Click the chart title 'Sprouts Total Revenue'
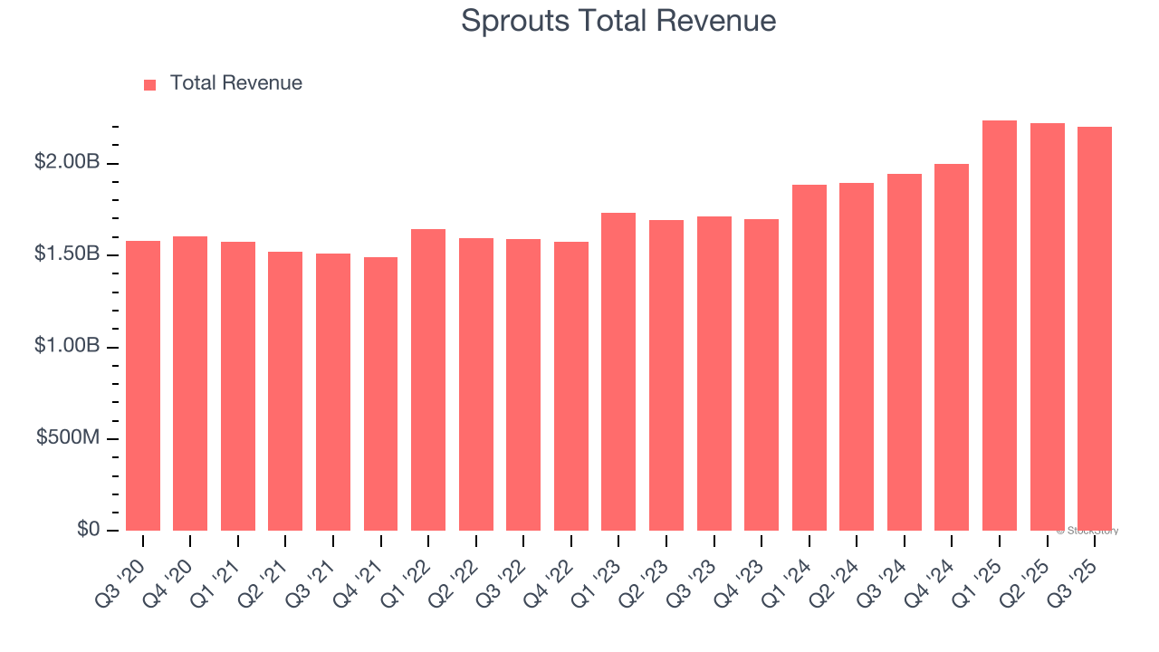point(618,21)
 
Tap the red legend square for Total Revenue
point(149,84)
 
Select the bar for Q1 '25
point(1000,325)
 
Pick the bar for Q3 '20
point(143,385)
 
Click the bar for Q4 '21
point(380,393)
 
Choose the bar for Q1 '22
point(428,379)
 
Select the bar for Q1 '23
point(618,371)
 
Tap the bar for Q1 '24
point(809,357)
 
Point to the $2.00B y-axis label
point(67,162)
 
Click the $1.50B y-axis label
point(67,254)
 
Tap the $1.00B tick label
point(67,346)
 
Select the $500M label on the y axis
point(68,437)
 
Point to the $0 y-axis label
point(88,529)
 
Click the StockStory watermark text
point(1087,531)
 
